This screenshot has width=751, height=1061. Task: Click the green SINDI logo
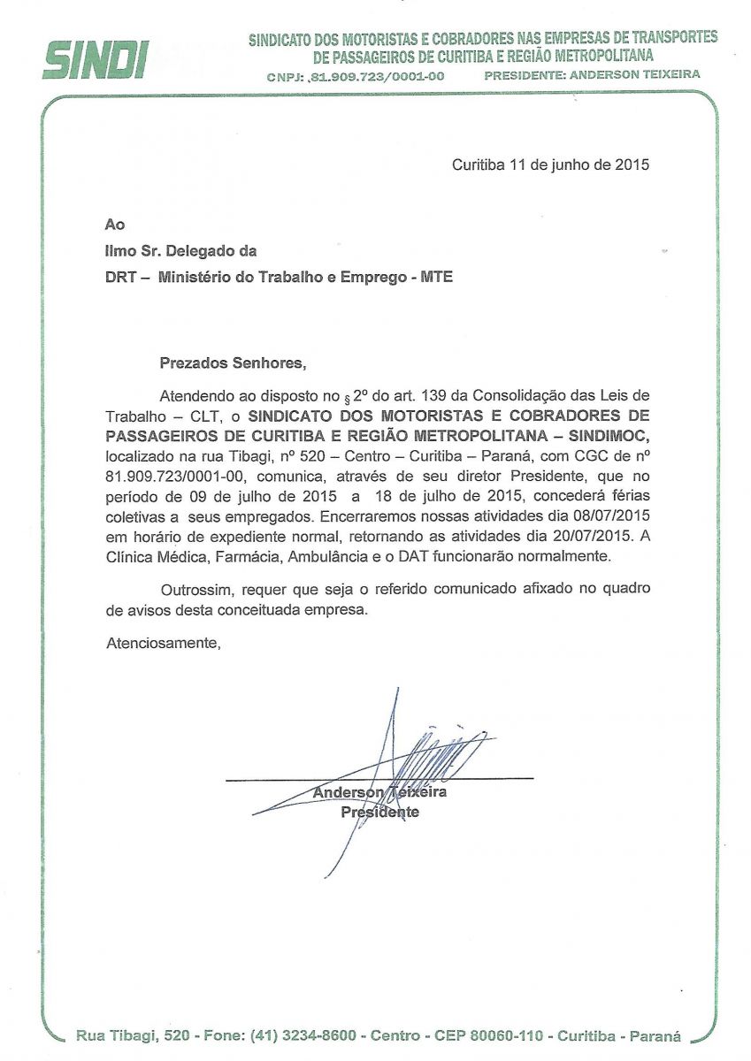coord(96,60)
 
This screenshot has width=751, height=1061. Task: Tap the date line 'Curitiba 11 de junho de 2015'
coord(550,164)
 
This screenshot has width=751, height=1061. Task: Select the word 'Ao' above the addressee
coord(114,225)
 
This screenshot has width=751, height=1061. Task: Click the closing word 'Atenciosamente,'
coord(162,643)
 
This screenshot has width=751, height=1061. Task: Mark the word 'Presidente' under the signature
coord(379,812)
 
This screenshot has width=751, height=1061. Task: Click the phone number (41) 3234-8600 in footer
coord(303,1035)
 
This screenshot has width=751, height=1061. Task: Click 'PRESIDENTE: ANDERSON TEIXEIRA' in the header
coord(592,75)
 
